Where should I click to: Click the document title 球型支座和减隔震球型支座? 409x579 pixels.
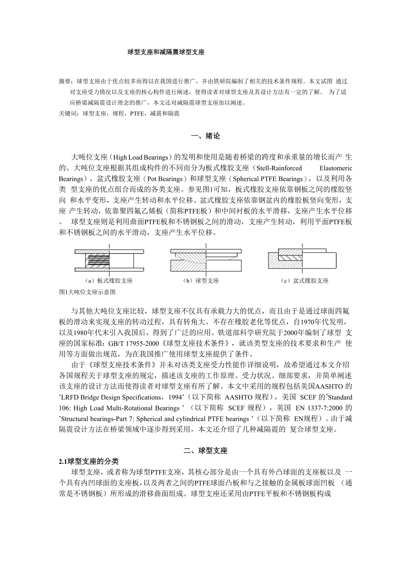(x=166, y=52)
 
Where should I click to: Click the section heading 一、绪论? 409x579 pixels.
(x=205, y=136)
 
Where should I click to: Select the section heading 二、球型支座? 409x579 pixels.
(x=205, y=450)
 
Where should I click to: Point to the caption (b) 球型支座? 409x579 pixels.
(x=201, y=281)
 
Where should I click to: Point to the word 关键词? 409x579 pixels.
(x=68, y=114)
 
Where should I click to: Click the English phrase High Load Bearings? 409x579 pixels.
(x=140, y=157)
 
